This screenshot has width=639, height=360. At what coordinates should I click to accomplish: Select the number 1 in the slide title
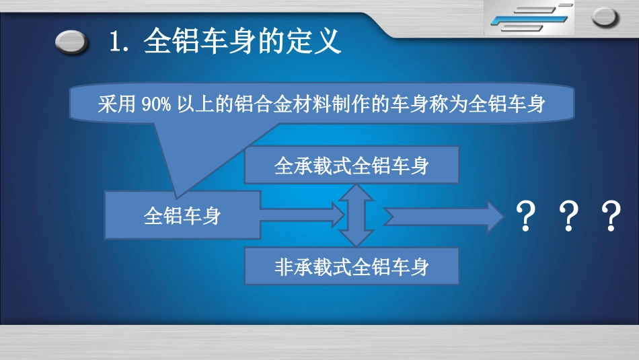(114, 42)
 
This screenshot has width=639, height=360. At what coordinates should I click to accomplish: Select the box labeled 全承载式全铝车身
(351, 166)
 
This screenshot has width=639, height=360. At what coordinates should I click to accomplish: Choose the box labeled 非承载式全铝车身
(351, 266)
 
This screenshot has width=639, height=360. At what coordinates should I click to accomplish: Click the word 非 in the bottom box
(283, 266)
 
